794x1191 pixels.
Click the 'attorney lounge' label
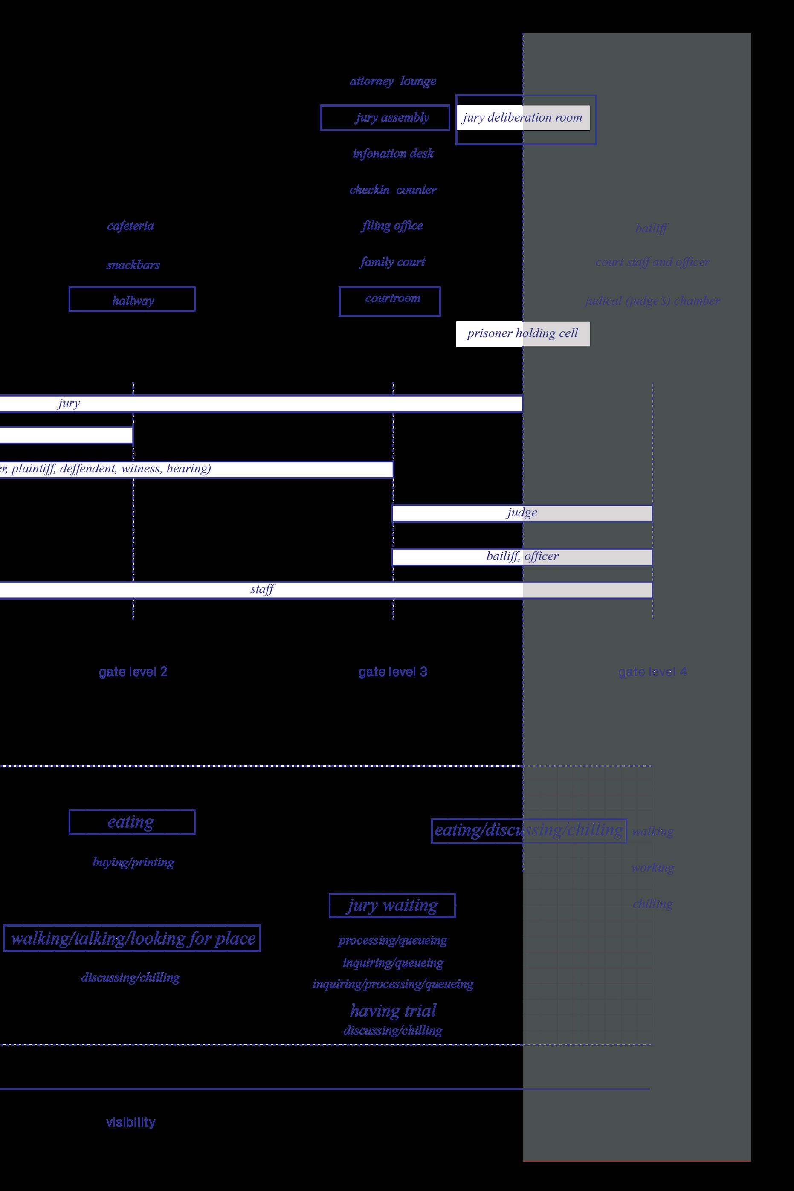pyautogui.click(x=393, y=81)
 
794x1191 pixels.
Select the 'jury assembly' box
pyautogui.click(x=385, y=118)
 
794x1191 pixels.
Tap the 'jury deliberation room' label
pyautogui.click(x=523, y=118)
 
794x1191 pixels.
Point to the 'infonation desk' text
pyautogui.click(x=393, y=154)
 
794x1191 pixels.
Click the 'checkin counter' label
pyautogui.click(x=393, y=190)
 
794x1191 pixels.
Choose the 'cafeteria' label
pyautogui.click(x=130, y=226)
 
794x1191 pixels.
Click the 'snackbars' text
pyautogui.click(x=133, y=265)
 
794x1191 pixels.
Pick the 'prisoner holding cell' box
pyautogui.click(x=523, y=334)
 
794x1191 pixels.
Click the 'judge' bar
pyautogui.click(x=522, y=513)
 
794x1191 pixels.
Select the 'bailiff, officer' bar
pyautogui.click(x=522, y=556)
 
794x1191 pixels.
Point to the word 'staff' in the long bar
pyautogui.click(x=262, y=589)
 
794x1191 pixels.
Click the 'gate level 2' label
pyautogui.click(x=133, y=672)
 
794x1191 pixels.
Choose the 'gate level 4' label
pyautogui.click(x=652, y=672)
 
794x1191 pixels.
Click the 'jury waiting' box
pyautogui.click(x=392, y=905)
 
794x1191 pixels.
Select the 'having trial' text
pyautogui.click(x=393, y=1010)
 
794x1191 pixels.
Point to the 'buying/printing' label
pyautogui.click(x=133, y=862)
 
